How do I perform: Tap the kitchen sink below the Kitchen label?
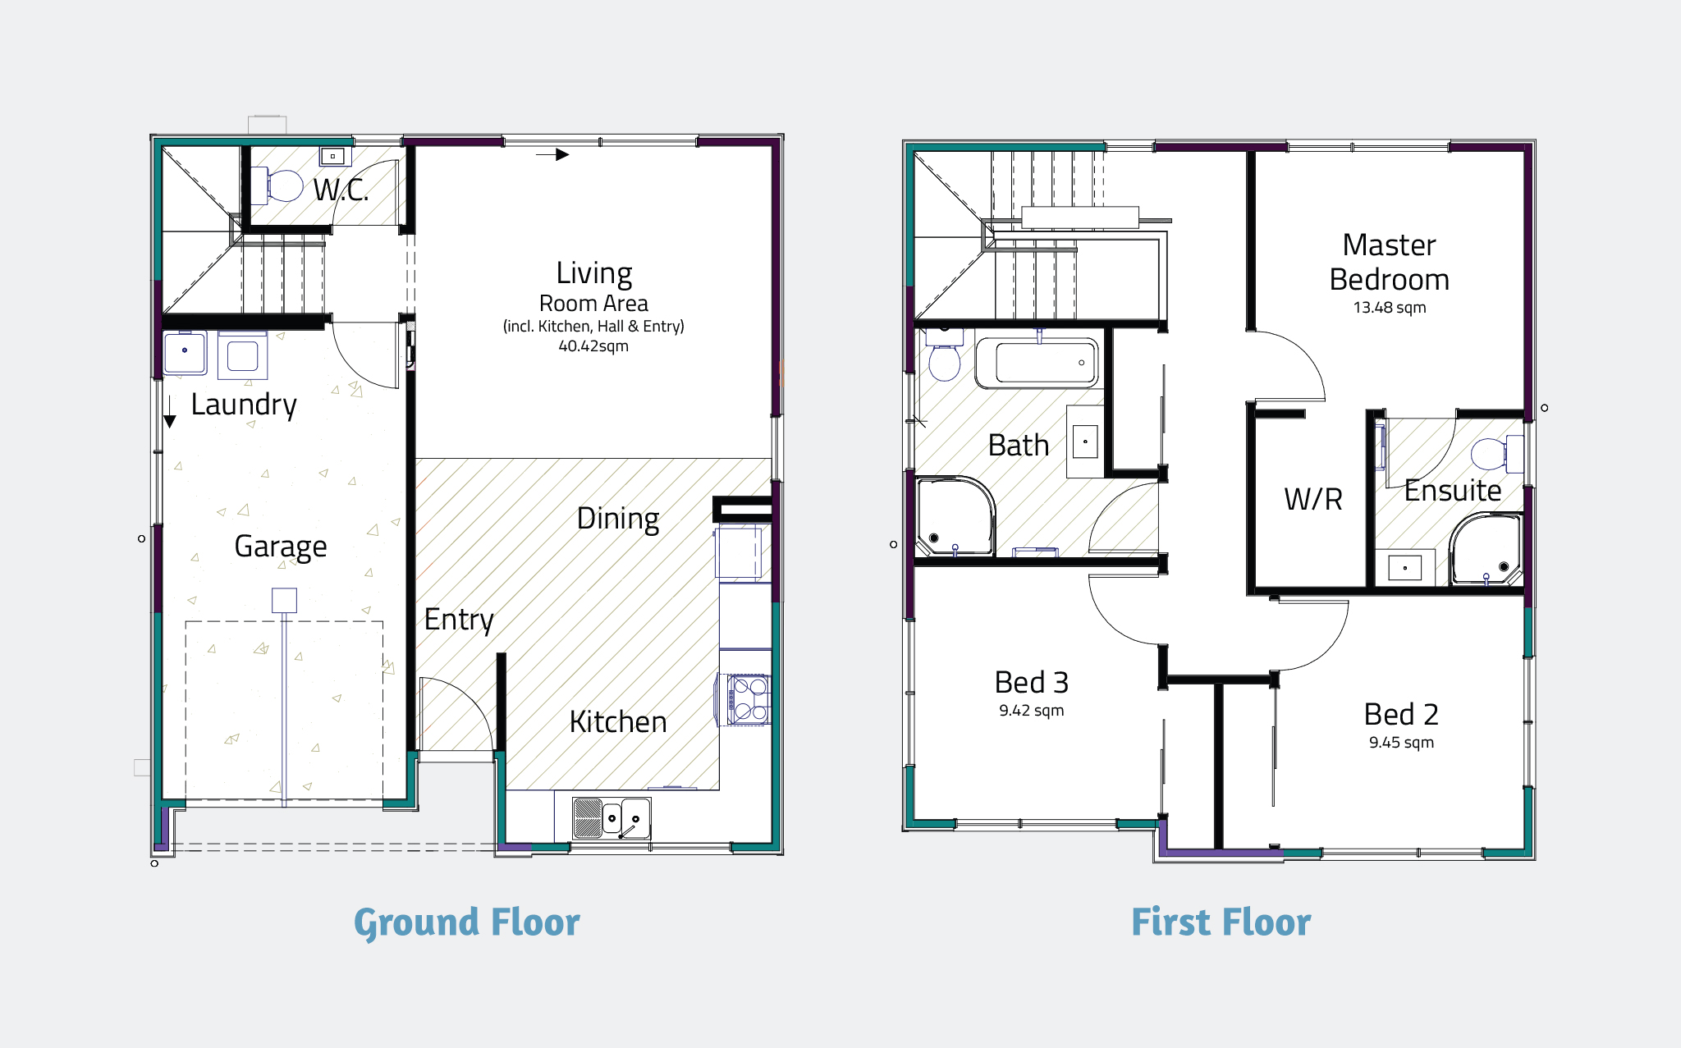(x=611, y=817)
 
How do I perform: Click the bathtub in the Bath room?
(x=1037, y=363)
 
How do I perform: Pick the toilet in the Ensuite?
(x=1493, y=454)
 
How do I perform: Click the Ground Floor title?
(x=466, y=922)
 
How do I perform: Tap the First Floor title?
(x=1221, y=922)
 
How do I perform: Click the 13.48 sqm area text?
(x=1389, y=308)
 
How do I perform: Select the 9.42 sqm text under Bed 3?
(x=1031, y=711)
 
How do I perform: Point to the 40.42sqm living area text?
(x=593, y=346)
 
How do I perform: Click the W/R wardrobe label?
(x=1312, y=499)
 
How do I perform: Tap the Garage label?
(x=280, y=547)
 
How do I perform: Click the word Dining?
(x=617, y=519)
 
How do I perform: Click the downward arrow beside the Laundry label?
(x=170, y=413)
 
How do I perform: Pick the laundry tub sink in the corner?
(x=185, y=354)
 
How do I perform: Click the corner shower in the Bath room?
(x=953, y=517)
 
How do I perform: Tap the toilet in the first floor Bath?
(x=944, y=359)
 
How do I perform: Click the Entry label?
(x=459, y=620)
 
